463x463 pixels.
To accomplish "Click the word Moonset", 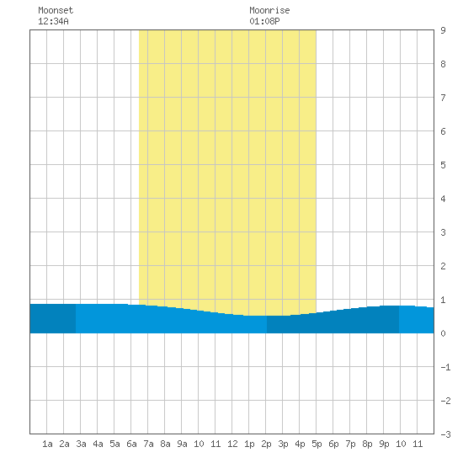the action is click(56, 10).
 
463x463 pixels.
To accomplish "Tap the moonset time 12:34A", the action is click(53, 21).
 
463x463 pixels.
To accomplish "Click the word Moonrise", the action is click(269, 10).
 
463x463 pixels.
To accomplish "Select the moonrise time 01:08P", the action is click(264, 21).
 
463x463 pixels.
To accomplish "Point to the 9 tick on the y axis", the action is click(443, 30).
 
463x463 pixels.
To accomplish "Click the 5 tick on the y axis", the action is click(443, 165).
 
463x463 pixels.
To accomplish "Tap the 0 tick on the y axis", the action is click(443, 333).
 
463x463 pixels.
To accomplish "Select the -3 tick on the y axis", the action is click(445, 434).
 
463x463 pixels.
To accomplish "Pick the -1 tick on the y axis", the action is click(445, 367).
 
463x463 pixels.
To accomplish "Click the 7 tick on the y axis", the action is click(443, 98).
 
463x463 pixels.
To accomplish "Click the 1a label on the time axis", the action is click(47, 444).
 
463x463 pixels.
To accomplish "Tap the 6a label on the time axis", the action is click(131, 444).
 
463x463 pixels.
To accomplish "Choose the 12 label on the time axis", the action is click(232, 444).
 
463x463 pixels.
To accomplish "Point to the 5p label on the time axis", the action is click(317, 444).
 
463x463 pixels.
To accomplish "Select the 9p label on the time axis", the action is click(384, 444).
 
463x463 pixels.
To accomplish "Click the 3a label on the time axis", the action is click(81, 444).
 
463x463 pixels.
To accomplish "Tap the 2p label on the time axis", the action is click(266, 444).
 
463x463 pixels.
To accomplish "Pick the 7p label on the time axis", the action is click(350, 444).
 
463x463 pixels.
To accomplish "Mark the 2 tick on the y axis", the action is click(443, 266).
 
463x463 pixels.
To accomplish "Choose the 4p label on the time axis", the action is click(300, 444).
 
